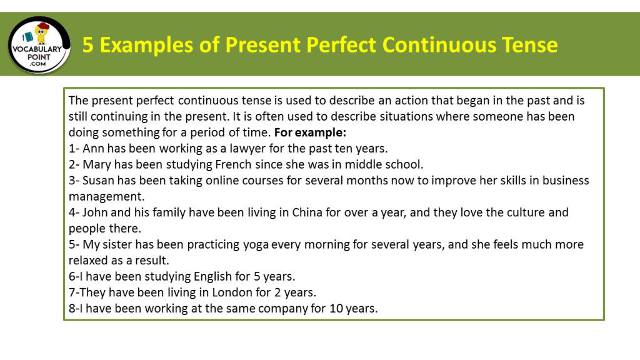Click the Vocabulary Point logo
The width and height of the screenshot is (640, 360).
click(x=39, y=45)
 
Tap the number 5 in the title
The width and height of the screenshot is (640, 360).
click(x=88, y=45)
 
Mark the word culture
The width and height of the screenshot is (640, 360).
click(x=517, y=212)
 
